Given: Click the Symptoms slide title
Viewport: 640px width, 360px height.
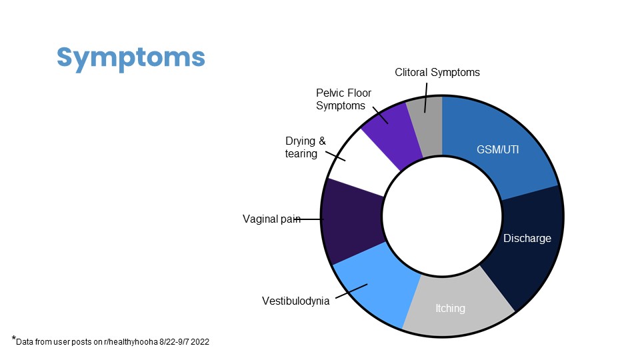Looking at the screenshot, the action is [x=131, y=58].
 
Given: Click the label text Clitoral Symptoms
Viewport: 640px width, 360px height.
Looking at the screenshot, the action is [x=437, y=72].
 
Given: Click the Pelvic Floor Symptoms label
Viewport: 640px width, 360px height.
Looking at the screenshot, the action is [x=343, y=99].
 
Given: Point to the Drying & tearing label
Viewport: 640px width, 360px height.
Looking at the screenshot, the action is [x=305, y=147].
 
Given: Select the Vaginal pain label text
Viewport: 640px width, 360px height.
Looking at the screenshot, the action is [x=271, y=219].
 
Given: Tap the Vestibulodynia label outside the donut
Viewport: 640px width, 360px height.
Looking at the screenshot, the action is [x=295, y=301].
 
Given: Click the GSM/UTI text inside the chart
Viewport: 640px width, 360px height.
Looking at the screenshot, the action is [x=497, y=150].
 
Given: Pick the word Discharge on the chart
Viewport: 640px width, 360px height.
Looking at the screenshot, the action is [x=527, y=239].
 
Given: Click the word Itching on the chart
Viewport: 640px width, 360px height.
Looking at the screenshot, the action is [x=450, y=308].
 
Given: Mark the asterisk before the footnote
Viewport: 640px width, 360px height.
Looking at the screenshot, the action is [x=14, y=339].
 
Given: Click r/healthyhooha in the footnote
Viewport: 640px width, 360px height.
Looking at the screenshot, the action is [x=131, y=341].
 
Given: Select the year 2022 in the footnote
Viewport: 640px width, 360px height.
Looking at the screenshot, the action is [x=199, y=341].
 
